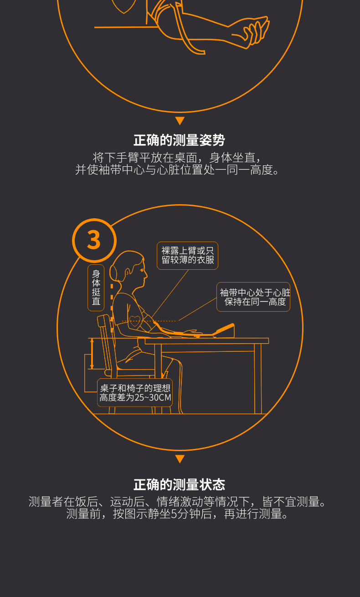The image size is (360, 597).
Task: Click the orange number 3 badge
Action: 94,240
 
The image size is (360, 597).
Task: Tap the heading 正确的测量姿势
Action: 180,140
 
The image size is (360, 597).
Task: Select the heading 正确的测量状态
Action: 180,484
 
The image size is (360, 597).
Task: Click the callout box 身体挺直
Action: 96,288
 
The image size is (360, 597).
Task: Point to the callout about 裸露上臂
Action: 188,256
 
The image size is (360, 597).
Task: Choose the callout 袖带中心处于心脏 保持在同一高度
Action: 253,297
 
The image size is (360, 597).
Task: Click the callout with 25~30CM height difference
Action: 135,392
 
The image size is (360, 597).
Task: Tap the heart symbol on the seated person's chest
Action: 134,321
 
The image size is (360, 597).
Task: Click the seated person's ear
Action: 128,272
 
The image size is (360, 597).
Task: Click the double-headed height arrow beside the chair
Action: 92,354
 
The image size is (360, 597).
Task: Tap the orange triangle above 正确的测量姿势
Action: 180,121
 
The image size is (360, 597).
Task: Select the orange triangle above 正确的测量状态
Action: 180,459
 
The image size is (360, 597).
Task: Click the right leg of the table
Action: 258,378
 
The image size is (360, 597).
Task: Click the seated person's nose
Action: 146,274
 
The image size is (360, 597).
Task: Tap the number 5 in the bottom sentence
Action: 174,515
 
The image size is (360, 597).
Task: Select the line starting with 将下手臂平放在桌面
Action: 177,158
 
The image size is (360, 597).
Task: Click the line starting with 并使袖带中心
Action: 177,170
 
